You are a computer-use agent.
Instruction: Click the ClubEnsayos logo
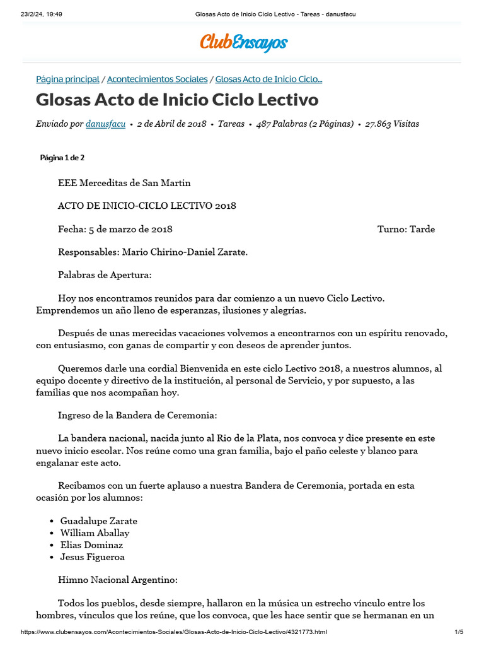(243, 42)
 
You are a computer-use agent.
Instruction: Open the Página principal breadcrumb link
(67, 79)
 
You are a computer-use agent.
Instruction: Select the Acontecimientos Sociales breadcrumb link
(157, 79)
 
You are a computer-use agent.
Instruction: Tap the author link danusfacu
(105, 124)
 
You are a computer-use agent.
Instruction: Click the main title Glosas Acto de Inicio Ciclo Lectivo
(177, 100)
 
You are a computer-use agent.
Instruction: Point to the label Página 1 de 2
(62, 158)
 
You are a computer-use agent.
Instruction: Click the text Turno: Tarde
(406, 229)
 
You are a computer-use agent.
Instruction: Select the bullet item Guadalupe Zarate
(98, 521)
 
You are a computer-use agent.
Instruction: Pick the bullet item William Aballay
(95, 533)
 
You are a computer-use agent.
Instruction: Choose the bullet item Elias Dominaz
(91, 545)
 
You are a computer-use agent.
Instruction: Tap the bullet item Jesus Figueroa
(92, 557)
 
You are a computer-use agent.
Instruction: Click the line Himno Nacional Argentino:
(118, 580)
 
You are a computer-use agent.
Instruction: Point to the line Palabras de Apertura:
(105, 275)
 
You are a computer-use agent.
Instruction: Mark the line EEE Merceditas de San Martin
(124, 183)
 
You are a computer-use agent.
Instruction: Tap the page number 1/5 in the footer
(459, 632)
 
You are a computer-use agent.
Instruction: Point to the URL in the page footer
(174, 632)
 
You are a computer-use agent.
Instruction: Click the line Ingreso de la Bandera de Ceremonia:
(137, 415)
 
